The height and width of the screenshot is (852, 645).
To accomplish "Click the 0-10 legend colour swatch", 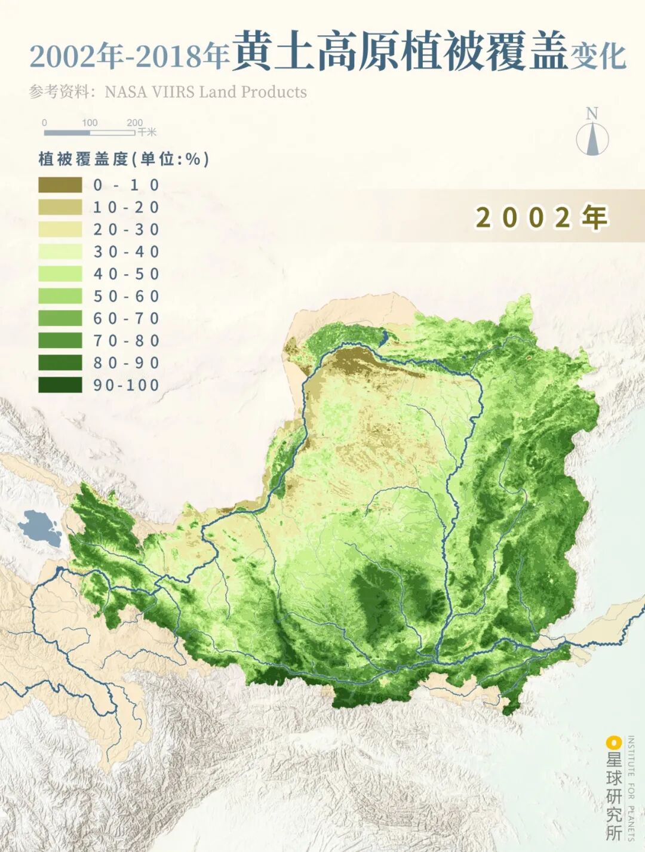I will tap(60, 185).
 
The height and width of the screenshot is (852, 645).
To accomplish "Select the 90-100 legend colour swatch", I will tap(60, 385).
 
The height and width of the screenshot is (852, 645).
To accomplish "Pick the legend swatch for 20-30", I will tap(60, 230).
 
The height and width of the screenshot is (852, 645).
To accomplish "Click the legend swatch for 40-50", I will tap(60, 274).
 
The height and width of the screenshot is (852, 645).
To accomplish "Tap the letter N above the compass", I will tap(592, 113).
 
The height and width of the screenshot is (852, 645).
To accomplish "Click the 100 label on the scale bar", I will tap(90, 122).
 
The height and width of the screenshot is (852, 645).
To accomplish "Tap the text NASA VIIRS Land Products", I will tap(205, 92).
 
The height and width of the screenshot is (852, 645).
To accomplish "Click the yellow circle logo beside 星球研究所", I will tap(612, 743).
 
